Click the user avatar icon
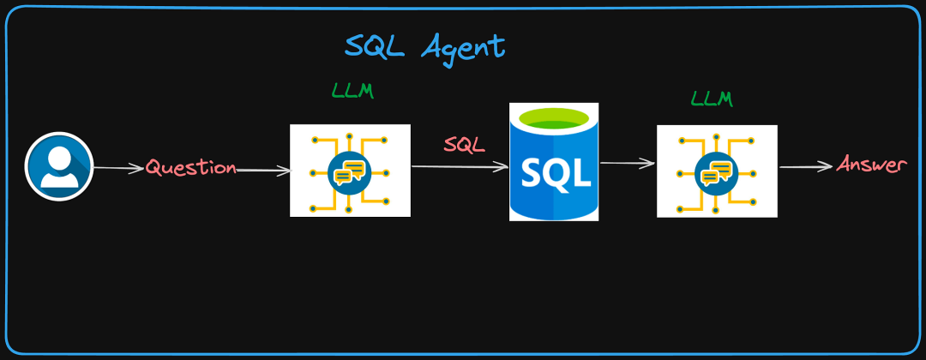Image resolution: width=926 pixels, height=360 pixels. [58, 166]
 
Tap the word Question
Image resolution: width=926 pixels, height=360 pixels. [190, 167]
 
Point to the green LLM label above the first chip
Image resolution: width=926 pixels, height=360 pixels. [352, 90]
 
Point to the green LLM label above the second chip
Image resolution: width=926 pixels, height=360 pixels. [712, 99]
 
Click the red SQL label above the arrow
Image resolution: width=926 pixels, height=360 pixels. [464, 145]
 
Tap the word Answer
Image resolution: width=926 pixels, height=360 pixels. [871, 165]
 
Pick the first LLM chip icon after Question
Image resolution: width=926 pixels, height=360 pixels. [350, 171]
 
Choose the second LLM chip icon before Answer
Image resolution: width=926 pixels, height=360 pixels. [717, 171]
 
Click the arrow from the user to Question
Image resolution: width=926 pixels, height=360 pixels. [117, 168]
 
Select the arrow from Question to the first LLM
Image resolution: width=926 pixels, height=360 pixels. [264, 171]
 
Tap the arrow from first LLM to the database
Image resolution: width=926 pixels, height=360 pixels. [460, 167]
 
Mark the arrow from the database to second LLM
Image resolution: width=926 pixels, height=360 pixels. [628, 163]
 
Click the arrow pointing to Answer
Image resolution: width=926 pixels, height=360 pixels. [806, 167]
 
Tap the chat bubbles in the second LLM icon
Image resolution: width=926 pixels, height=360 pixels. [716, 173]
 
